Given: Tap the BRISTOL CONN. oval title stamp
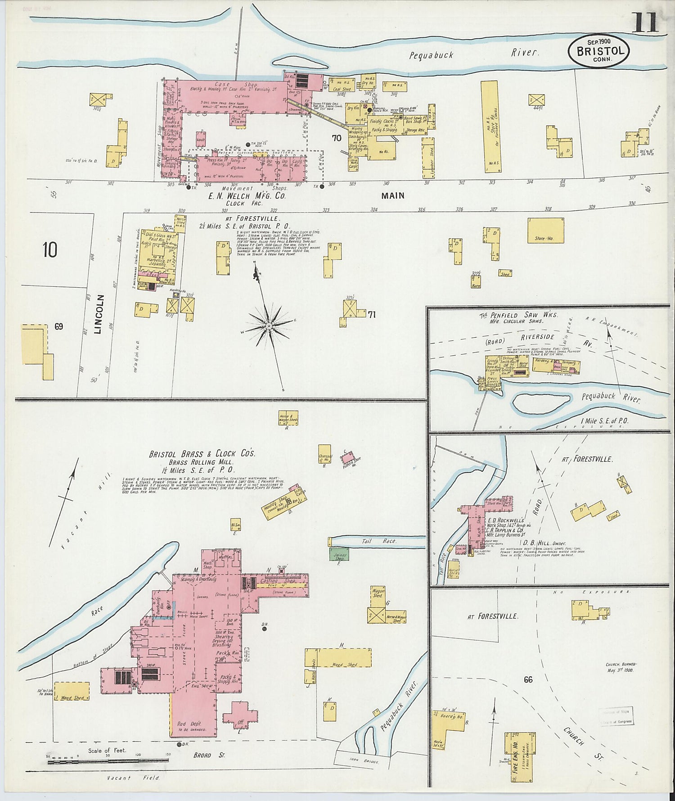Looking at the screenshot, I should (598, 51).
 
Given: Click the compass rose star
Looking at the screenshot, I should (269, 325).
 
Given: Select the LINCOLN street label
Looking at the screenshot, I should (100, 314).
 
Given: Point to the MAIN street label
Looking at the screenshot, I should (393, 196).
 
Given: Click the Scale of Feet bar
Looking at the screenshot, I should (108, 760).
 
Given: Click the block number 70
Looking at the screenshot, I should (336, 139).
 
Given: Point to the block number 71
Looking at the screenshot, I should (371, 315).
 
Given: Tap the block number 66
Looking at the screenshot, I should (528, 679).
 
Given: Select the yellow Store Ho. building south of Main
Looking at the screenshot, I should (545, 231).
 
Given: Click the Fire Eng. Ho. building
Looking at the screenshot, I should (520, 756).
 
